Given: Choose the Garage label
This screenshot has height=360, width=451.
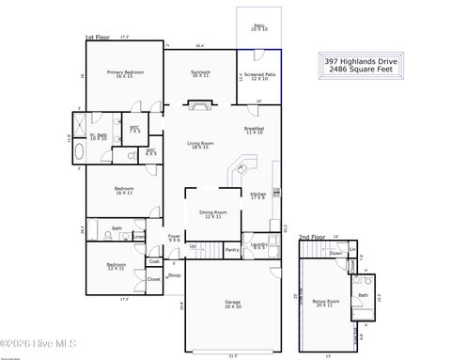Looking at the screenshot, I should coord(232,305).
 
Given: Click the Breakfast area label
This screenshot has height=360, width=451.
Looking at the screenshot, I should coord(254,131).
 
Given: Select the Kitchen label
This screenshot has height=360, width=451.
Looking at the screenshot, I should coord(258,195).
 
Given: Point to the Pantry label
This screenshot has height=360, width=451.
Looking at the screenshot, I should coord(232,249).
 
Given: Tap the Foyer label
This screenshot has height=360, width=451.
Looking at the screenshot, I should coord(174,238).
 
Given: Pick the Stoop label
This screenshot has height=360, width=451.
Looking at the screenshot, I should coord(174,275).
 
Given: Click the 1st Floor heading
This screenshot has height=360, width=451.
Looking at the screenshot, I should coord(98,38).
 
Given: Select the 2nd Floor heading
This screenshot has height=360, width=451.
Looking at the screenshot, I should coord(311,238).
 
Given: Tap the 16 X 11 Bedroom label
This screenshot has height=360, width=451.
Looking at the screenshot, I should coord(124,191).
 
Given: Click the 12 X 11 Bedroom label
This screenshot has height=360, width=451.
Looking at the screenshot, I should coord(116,267).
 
